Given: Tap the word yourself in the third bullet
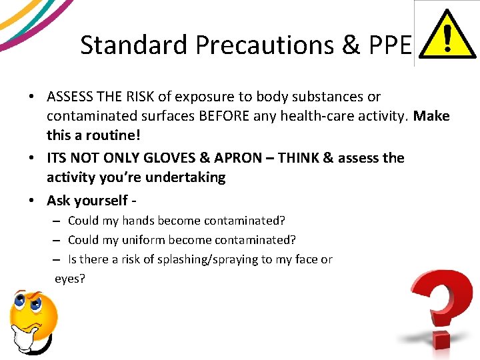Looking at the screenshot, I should [105, 200].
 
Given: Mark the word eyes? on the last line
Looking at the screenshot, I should [70, 279].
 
